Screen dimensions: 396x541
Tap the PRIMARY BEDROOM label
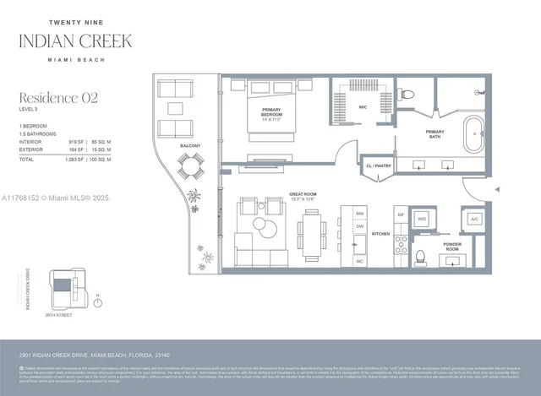271,113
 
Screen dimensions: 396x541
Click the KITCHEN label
380,234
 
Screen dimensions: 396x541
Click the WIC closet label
362,107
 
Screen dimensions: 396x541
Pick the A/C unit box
473,219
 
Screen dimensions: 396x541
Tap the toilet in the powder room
420,256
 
